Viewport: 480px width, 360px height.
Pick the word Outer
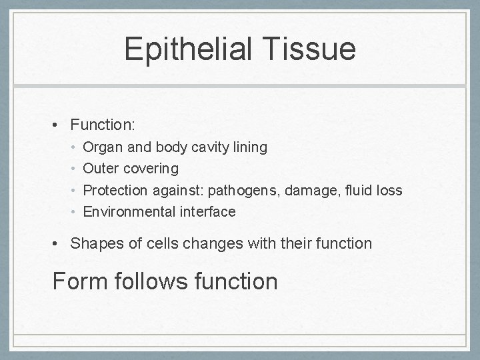(x=100, y=169)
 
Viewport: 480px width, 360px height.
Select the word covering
(x=149, y=169)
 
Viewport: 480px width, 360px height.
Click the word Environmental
(x=129, y=212)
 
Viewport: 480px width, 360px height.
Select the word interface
(x=207, y=212)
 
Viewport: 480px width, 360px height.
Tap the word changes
(x=207, y=243)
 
